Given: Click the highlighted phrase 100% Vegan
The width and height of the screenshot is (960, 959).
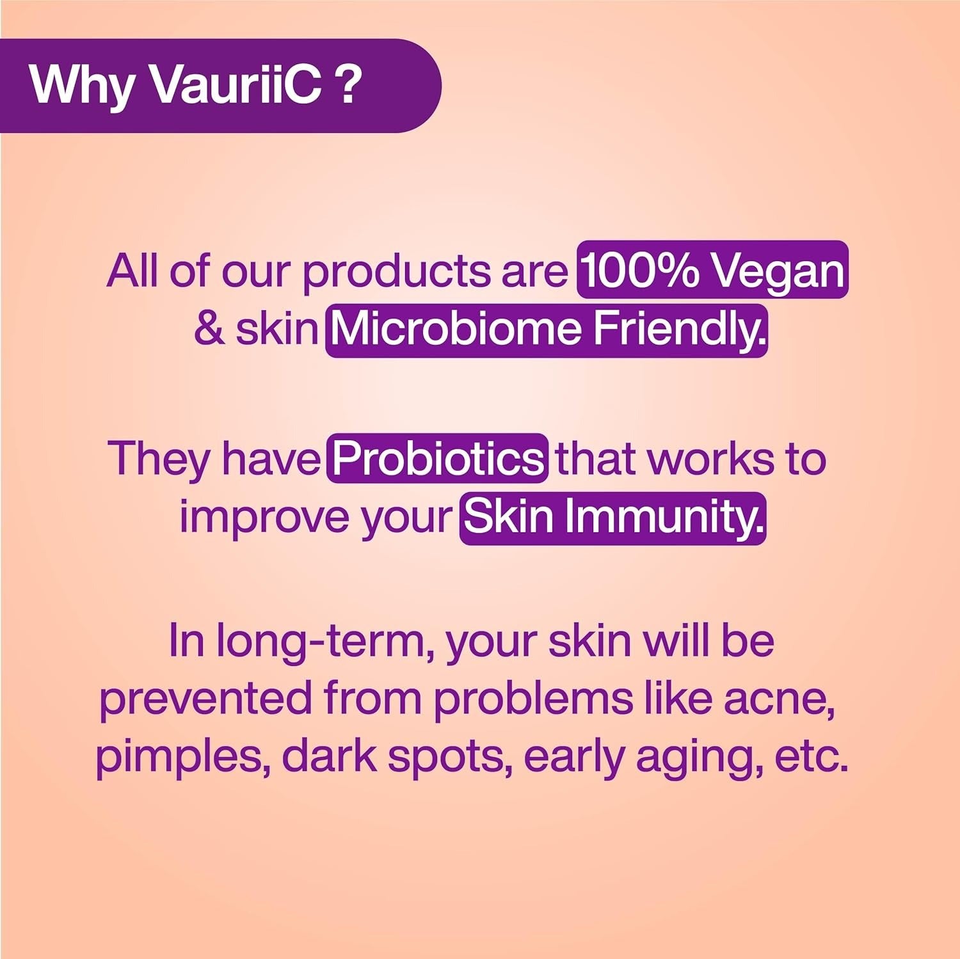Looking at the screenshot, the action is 713,270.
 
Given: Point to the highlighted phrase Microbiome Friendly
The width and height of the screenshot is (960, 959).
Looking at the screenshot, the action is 547,329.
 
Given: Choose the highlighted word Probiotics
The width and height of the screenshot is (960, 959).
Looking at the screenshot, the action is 438,458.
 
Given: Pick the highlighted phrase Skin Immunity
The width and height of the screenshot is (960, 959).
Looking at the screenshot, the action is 612,518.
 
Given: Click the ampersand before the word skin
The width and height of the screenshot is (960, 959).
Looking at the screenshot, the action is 209,329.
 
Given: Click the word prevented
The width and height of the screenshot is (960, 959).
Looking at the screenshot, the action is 205,699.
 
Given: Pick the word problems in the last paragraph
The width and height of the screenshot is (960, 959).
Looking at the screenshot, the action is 532,699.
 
